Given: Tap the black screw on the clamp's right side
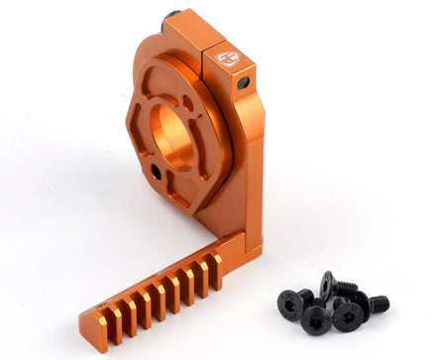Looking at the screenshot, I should [244, 84].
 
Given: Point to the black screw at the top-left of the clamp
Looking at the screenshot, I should [174, 17].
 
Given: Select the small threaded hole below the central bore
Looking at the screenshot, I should [157, 173].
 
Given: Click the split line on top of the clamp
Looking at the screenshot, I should [206, 45].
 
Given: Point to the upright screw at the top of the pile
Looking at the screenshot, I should [328, 282].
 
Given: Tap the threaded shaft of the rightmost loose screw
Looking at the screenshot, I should [378, 302].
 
